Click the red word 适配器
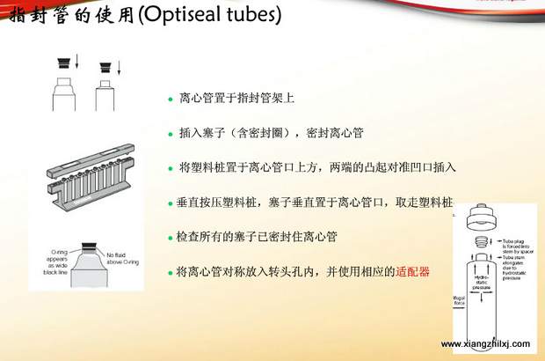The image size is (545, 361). pos(413,272)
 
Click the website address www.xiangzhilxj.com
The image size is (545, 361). pos(485,344)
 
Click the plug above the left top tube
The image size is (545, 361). pos(64,64)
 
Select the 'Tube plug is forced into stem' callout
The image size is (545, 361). pos(517,242)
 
